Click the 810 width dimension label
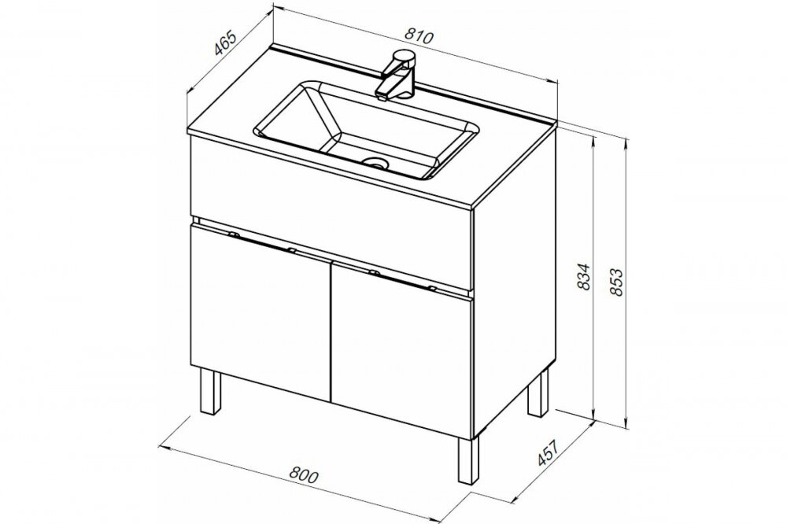click(x=419, y=36)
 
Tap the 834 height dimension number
click(x=584, y=277)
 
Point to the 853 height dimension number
click(x=616, y=282)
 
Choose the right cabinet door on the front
click(x=401, y=349)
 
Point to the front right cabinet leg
click(x=467, y=460)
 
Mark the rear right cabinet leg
click(x=538, y=393)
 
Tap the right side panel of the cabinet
click(x=515, y=281)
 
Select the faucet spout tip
click(x=382, y=96)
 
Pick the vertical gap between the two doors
click(x=331, y=331)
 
